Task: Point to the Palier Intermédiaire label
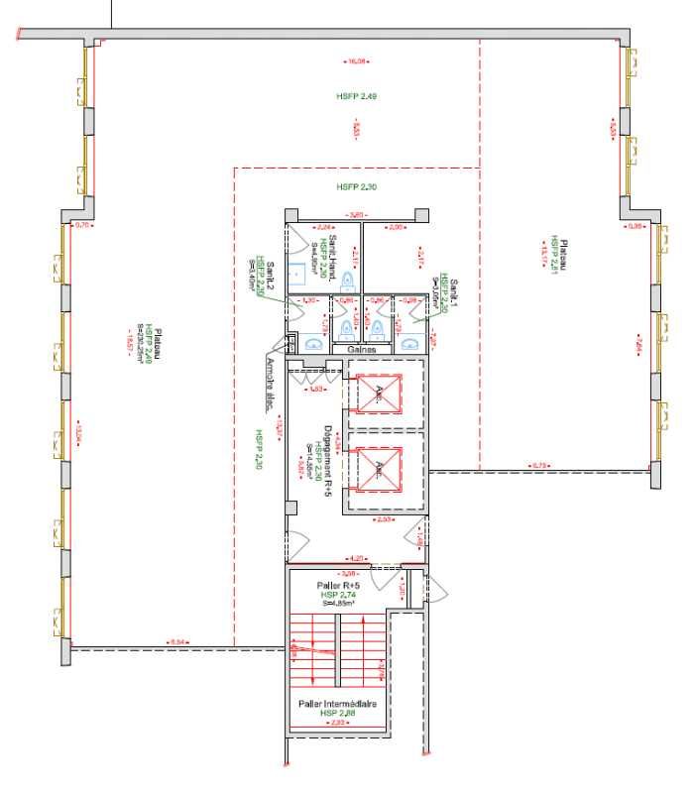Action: point(336,703)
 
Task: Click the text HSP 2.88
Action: point(337,713)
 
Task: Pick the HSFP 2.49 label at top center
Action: point(356,96)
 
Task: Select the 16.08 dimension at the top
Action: point(356,61)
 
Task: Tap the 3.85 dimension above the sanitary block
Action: point(356,215)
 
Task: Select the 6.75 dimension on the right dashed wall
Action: point(540,466)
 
